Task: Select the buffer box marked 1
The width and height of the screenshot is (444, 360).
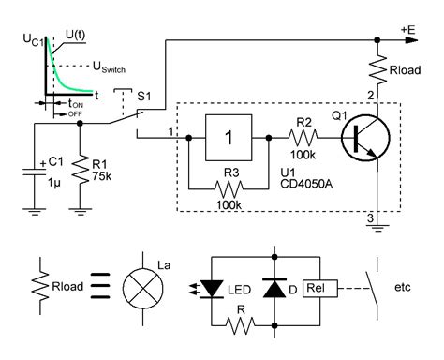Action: pos(229,137)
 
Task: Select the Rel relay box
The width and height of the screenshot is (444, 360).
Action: pos(315,287)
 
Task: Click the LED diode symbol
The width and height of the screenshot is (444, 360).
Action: pos(215,287)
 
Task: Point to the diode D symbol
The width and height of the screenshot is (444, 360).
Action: pos(275,287)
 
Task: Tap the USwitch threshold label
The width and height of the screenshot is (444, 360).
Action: pos(114,67)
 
